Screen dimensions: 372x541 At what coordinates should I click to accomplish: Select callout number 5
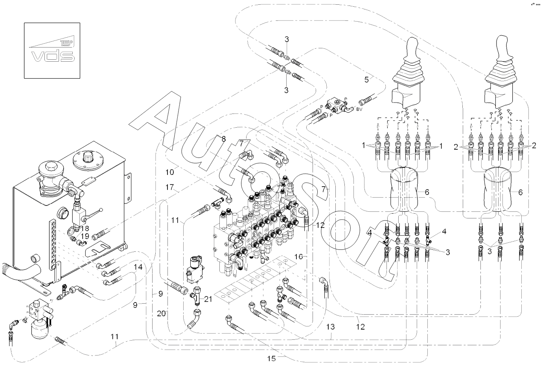[x=366, y=80]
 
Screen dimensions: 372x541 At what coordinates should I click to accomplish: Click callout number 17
[x=169, y=188]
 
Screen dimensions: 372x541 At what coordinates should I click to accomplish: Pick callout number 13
[x=330, y=326]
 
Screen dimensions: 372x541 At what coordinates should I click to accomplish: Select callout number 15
[x=272, y=358]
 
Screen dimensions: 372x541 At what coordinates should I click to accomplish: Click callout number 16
[x=299, y=257]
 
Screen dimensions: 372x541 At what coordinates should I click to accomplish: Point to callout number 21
[x=208, y=300]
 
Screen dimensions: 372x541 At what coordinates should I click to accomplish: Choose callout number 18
[x=85, y=228]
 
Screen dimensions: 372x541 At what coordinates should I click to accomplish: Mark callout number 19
[x=85, y=236]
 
